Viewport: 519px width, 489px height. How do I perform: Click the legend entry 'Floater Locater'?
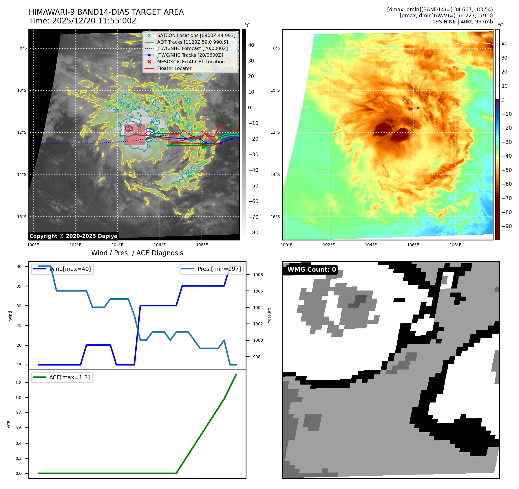(174, 69)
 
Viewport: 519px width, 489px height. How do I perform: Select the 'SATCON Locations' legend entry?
(196, 35)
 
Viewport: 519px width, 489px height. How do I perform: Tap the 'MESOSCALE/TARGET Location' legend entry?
(191, 62)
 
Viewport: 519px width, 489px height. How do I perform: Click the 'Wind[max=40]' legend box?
(63, 269)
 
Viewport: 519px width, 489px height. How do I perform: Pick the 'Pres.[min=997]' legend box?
(212, 269)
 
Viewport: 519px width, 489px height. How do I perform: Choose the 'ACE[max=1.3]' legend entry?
(62, 378)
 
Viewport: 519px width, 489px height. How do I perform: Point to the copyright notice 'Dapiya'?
(73, 236)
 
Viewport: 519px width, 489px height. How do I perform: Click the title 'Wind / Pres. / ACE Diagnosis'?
(137, 253)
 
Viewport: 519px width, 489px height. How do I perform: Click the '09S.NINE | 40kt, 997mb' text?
(462, 22)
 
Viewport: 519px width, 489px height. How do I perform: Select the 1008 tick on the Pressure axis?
(258, 275)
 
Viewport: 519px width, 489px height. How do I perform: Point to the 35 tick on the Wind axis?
(19, 286)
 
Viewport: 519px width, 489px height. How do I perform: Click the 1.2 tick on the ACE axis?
(19, 383)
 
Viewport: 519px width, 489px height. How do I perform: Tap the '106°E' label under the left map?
(160, 245)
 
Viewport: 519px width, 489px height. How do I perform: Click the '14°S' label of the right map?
(275, 175)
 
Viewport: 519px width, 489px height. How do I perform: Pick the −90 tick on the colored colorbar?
(507, 226)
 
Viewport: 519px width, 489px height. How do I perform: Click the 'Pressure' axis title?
(269, 316)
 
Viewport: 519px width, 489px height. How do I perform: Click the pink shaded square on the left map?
(134, 135)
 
